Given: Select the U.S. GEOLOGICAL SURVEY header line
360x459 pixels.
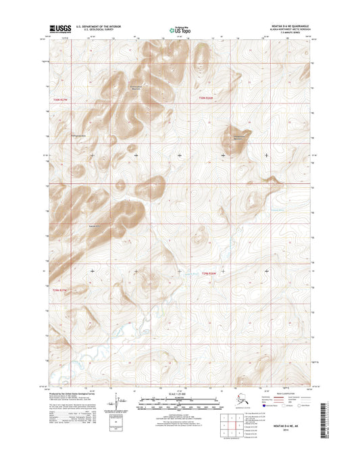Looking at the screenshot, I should coord(99,31).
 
